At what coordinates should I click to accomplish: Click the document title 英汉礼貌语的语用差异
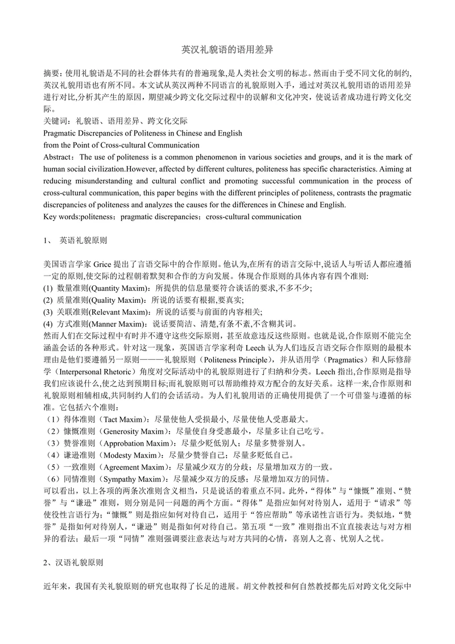pos(227,50)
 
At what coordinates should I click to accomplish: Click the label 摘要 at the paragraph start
pos(52,73)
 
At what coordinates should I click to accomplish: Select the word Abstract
pos(59,157)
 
